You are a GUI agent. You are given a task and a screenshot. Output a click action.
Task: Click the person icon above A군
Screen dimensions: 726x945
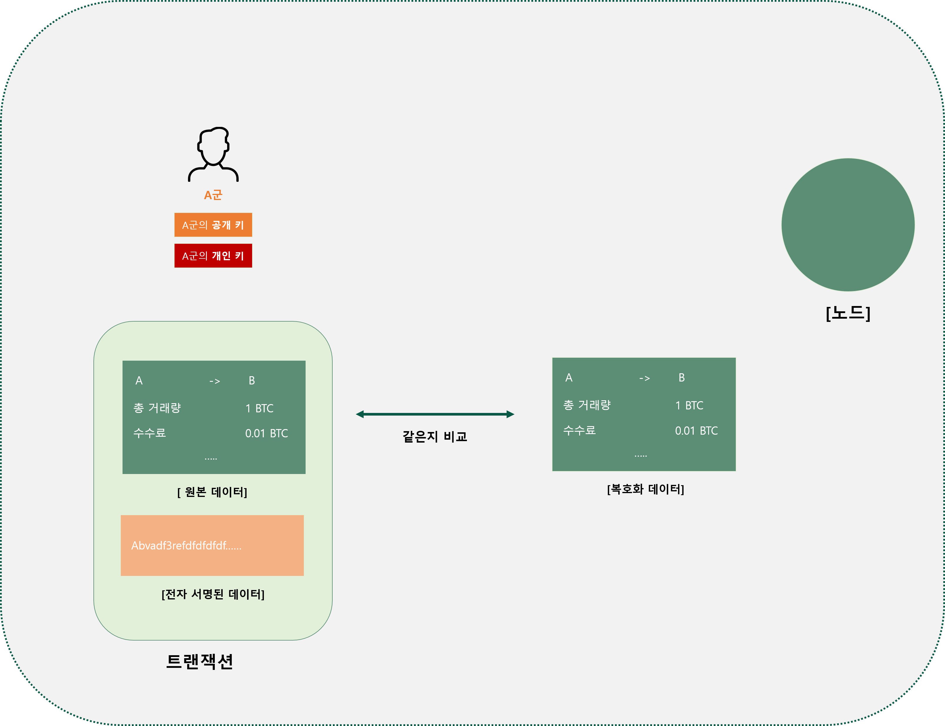pos(213,154)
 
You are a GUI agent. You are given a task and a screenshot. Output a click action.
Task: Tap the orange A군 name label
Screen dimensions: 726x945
pos(213,195)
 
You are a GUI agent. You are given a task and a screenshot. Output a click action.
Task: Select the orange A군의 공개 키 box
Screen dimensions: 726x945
pos(213,225)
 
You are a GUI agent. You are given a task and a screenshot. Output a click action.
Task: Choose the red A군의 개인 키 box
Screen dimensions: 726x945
pos(213,256)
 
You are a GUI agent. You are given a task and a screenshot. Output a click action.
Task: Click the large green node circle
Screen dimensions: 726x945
pos(848,225)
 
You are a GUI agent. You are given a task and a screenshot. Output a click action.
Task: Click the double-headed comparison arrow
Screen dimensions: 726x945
pos(435,414)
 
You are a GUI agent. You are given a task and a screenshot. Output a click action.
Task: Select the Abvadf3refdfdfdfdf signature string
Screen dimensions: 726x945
pos(186,546)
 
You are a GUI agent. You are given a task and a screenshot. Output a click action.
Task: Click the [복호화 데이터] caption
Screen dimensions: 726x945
pos(645,490)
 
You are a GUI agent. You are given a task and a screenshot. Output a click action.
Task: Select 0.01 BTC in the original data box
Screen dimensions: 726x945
pos(266,433)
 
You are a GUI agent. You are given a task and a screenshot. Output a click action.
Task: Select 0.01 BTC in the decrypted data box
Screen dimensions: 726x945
pos(696,431)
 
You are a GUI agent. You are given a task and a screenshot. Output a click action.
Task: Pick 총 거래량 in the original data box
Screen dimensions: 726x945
pos(157,408)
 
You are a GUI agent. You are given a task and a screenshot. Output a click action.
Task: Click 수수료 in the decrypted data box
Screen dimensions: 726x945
pos(579,431)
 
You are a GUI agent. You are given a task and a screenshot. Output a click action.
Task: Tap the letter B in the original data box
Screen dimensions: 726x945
pos(252,381)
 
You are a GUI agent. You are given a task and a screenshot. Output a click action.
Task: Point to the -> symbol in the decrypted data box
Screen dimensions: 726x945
pos(644,379)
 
